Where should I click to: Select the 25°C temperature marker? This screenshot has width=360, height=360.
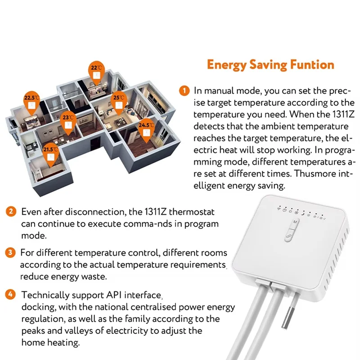click(119, 100)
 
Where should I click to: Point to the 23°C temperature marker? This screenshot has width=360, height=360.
click(67, 121)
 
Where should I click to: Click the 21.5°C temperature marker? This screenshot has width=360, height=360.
click(50, 153)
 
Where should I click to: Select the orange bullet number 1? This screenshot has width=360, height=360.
click(184, 90)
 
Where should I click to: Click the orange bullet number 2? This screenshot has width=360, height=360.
click(10, 211)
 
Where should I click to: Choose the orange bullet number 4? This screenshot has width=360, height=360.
click(10, 295)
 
